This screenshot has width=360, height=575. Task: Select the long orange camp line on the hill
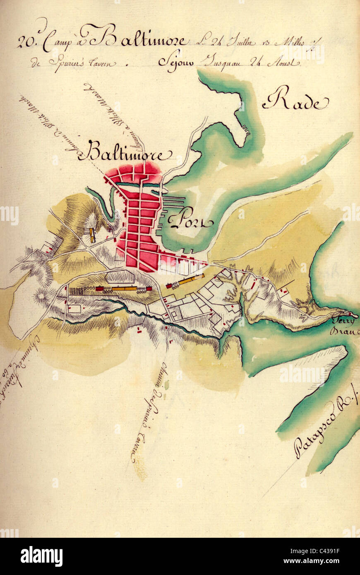click(x=124, y=288)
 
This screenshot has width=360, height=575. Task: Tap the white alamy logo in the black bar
click(x=41, y=556)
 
